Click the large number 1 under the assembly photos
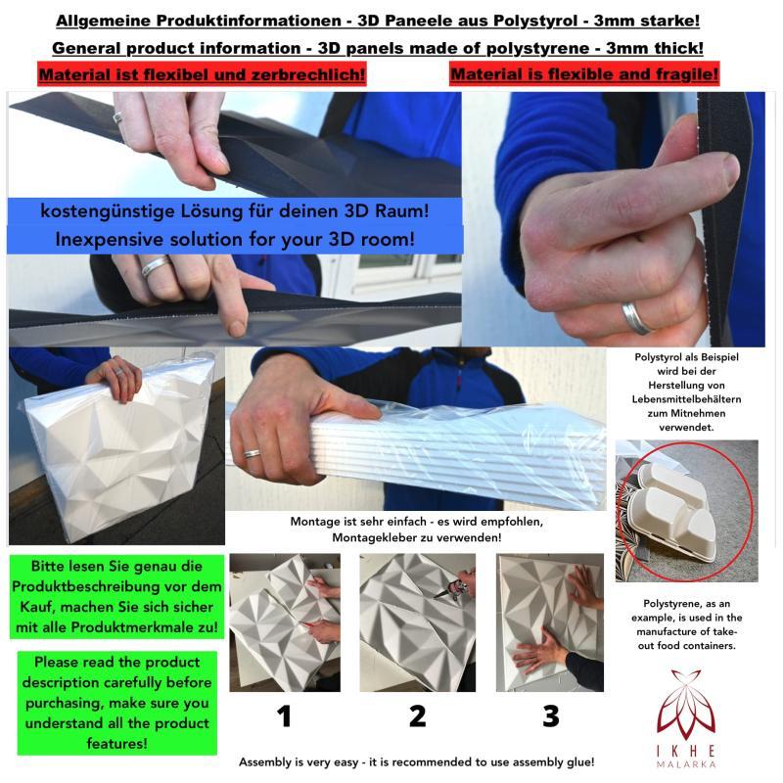[x=284, y=716]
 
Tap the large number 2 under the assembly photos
[x=418, y=716]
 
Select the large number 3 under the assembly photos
[x=551, y=716]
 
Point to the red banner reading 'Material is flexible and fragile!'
[x=584, y=74]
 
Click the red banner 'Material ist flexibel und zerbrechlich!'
[x=202, y=74]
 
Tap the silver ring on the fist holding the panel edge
[x=635, y=317]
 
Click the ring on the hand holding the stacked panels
[x=252, y=454]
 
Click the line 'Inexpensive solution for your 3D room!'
[x=235, y=239]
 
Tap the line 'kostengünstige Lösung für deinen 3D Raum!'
[x=235, y=210]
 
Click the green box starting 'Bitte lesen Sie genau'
[x=116, y=597]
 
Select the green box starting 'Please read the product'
[x=116, y=703]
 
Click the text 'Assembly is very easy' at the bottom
[x=299, y=762]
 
